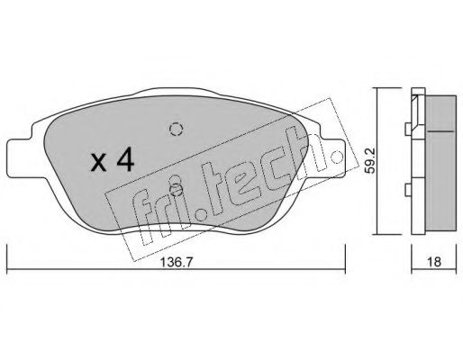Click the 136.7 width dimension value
(x=176, y=263)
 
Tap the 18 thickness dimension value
(x=434, y=262)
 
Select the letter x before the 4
(x=99, y=164)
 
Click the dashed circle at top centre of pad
(x=176, y=130)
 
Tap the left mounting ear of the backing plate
(x=21, y=158)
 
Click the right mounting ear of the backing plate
(x=333, y=158)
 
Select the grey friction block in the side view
(x=441, y=163)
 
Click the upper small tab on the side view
(x=408, y=130)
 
